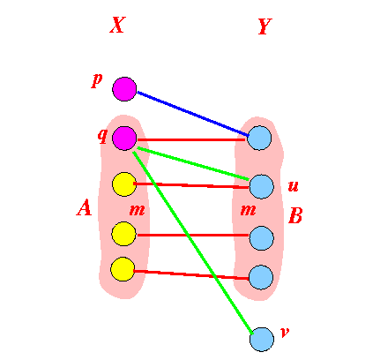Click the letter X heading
point(117,25)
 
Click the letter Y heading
point(265,26)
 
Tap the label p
point(97,80)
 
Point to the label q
point(102,136)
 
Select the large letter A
point(85,207)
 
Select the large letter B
point(295,215)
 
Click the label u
point(293,186)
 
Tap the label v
point(285,332)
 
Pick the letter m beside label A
point(137,210)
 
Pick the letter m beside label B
point(248,210)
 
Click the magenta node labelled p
point(124,89)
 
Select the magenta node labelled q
point(124,139)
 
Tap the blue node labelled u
point(261,187)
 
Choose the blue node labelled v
point(262,340)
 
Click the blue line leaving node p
point(193,114)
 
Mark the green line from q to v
point(193,244)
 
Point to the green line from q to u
point(193,163)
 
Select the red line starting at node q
point(191,139)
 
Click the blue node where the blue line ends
point(259,138)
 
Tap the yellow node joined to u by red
point(124,184)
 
